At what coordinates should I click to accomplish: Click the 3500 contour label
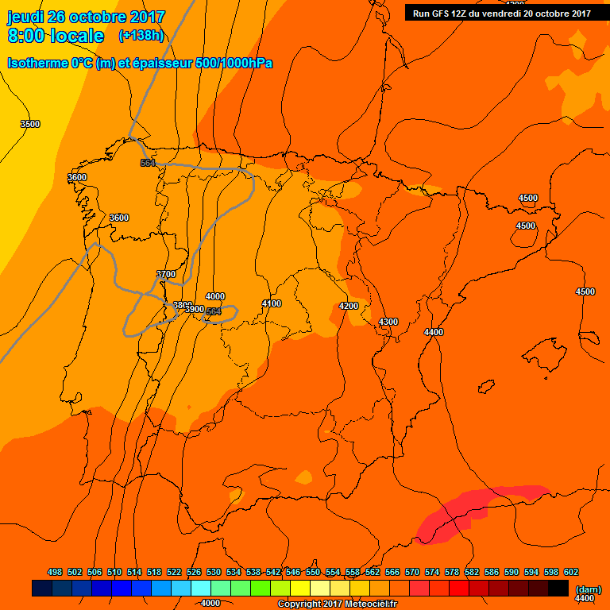[30, 124]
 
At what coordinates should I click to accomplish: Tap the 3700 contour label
[166, 274]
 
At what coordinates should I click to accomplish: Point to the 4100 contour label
[272, 303]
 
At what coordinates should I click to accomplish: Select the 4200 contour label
[349, 306]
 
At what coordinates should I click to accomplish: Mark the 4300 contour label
[388, 321]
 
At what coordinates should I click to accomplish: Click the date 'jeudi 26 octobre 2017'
[86, 17]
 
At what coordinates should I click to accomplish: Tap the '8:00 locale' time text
[56, 36]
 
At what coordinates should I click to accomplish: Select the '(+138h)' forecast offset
[141, 36]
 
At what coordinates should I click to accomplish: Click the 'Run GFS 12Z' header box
[501, 13]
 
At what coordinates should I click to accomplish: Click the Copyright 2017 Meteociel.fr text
[337, 604]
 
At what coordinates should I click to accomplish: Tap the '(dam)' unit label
[588, 589]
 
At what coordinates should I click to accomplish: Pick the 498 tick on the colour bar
[55, 572]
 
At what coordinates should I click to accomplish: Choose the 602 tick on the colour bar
[571, 572]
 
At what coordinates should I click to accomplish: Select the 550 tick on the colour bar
[313, 572]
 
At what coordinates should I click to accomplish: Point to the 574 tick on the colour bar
[432, 572]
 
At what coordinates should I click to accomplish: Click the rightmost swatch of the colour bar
[558, 588]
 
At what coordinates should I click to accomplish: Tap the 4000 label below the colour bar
[210, 603]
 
